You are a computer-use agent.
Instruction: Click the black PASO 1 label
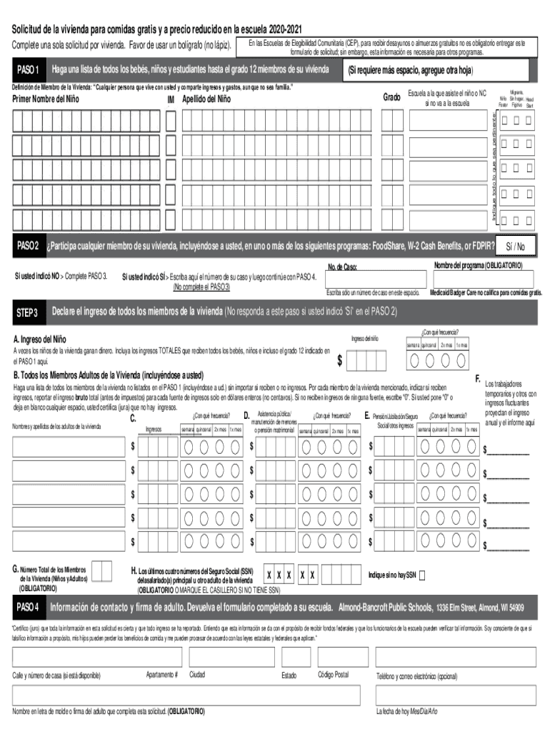pos(27,70)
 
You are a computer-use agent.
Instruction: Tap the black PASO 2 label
pos(27,247)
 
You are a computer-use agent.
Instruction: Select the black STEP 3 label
pos(27,312)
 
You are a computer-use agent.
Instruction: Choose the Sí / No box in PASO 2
pos(515,247)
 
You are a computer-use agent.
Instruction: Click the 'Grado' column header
pos(391,97)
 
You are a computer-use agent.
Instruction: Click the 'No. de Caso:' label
pos(342,268)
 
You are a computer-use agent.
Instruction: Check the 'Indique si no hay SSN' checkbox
pos(422,575)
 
